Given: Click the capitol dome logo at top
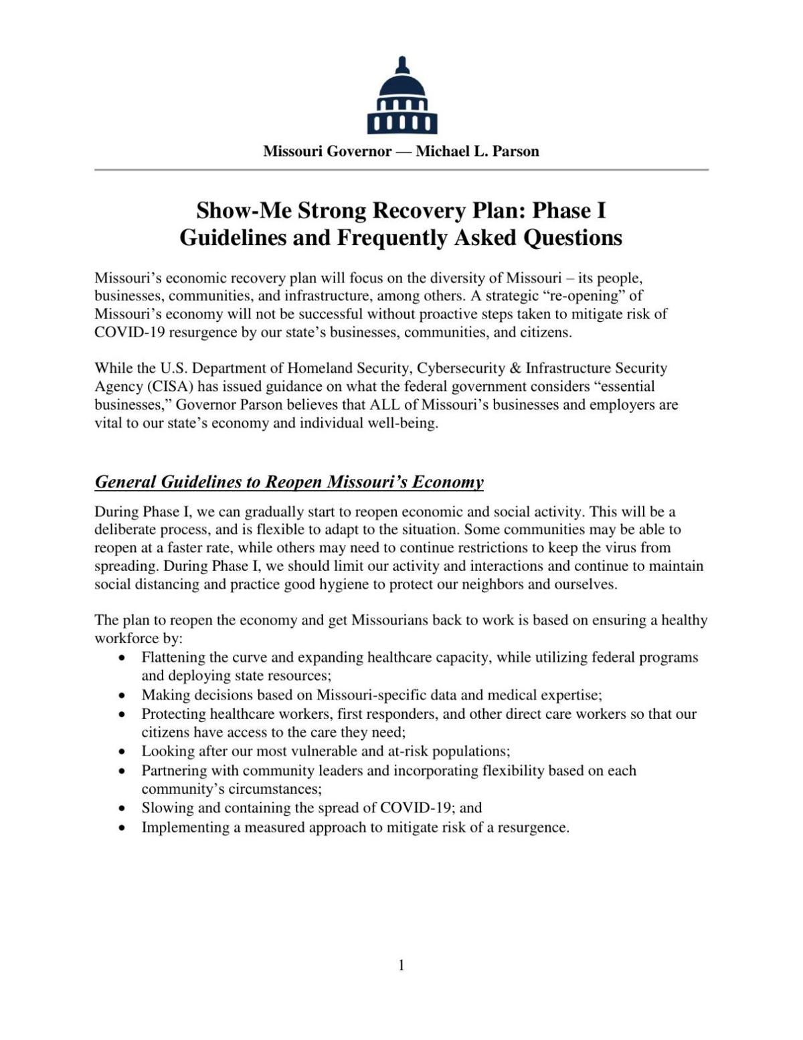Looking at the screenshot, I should click(x=401, y=96).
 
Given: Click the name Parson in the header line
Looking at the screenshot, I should click(x=515, y=151).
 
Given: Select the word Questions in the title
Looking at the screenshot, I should click(x=573, y=238).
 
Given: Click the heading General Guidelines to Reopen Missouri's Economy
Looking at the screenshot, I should click(x=289, y=482).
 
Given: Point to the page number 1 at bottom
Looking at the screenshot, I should click(x=401, y=964).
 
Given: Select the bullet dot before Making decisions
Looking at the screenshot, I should click(x=121, y=695).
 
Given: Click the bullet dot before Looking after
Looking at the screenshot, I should click(x=121, y=752).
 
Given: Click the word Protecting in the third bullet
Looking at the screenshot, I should click(x=173, y=714).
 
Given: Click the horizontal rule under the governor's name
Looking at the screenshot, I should click(x=401, y=170).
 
